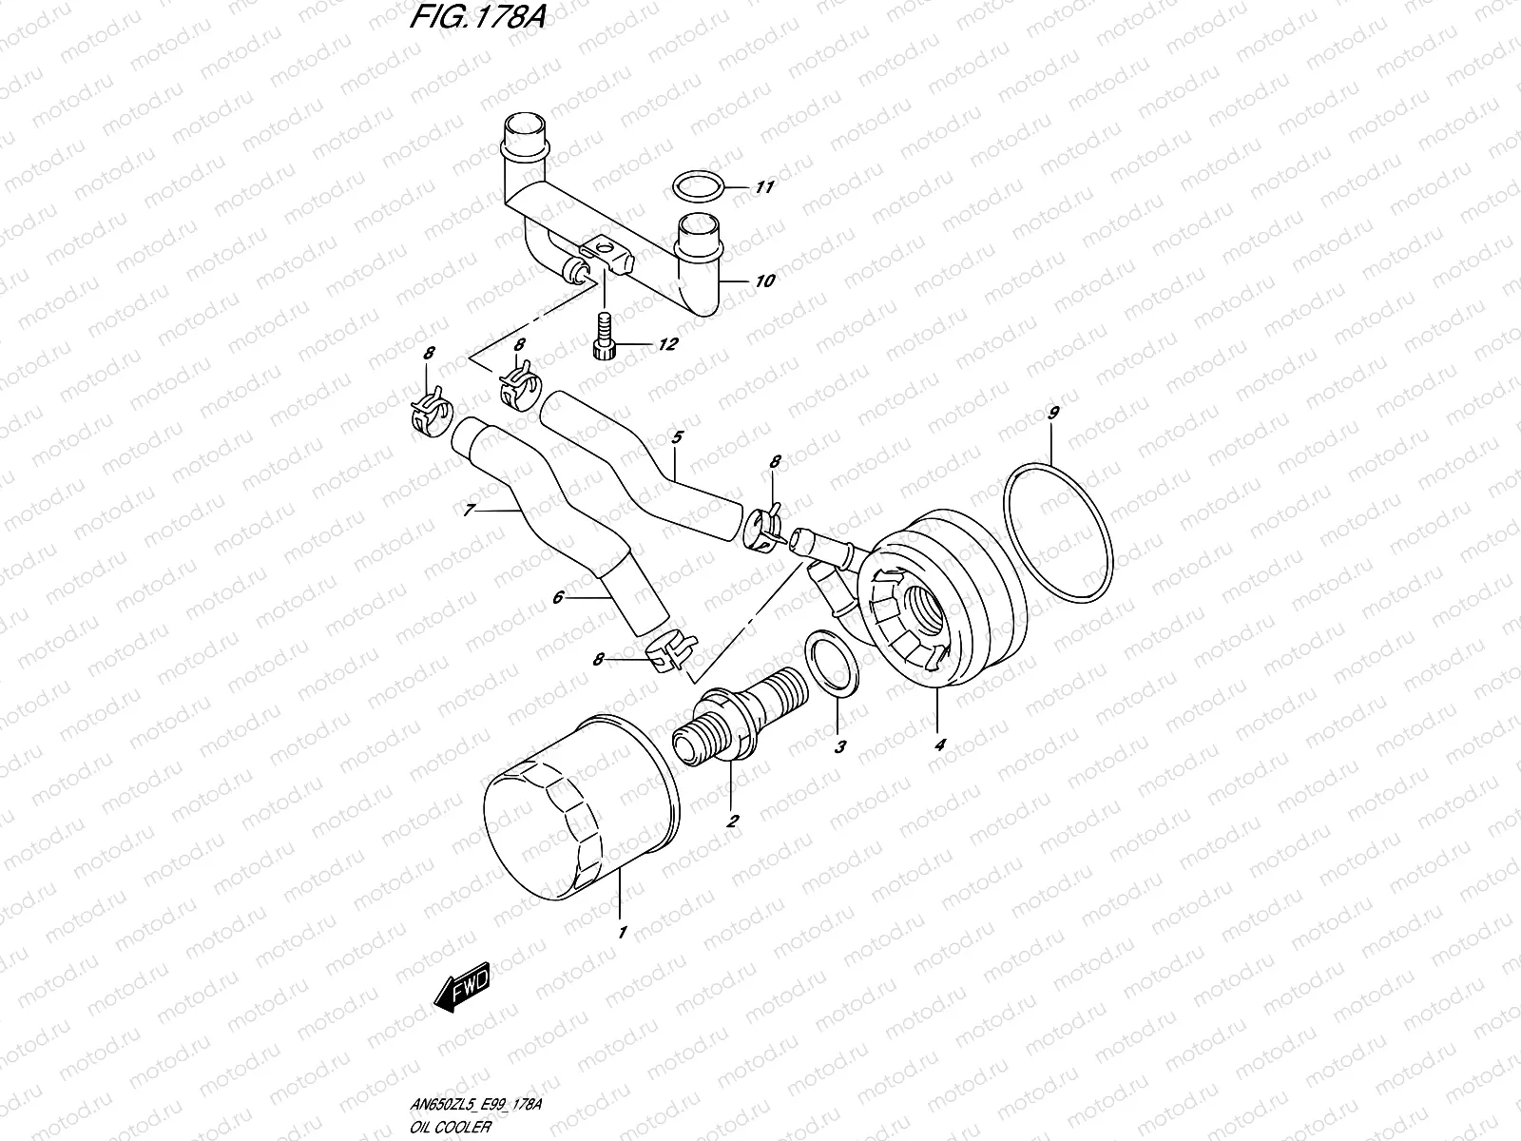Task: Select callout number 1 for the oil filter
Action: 623,933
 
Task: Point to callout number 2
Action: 732,822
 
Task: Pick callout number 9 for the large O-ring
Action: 1052,414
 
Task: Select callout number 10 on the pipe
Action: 764,280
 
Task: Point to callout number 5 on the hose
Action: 677,437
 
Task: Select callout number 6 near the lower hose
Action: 559,597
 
